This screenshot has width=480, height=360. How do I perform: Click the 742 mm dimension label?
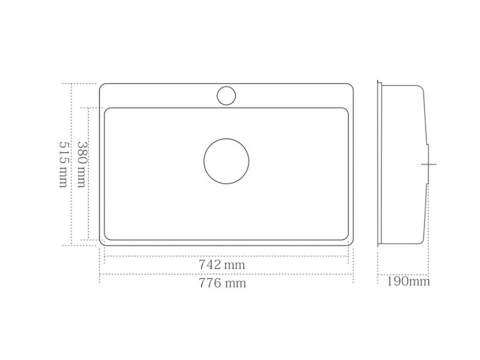[222, 265]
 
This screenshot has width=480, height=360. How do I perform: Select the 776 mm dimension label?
[222, 283]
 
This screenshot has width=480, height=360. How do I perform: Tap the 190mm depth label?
[408, 281]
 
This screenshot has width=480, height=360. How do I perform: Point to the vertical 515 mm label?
[63, 164]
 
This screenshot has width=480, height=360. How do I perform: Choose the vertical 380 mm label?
[82, 164]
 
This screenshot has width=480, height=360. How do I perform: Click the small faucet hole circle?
[226, 96]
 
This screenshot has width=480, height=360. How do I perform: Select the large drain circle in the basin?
[226, 161]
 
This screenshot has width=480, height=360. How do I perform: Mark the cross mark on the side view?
[429, 164]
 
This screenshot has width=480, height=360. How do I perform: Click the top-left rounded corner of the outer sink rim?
[101, 85]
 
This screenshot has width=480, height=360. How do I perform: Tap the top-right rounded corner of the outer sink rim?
[351, 85]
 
